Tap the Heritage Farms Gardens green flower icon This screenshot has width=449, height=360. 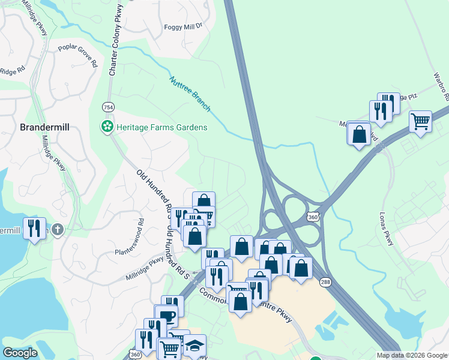(x=106, y=127)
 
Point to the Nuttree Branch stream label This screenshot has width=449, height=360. (x=190, y=93)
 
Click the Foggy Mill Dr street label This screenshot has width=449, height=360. (x=184, y=27)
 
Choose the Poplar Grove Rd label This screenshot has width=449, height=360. (x=77, y=55)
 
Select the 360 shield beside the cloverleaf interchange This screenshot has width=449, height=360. (x=312, y=215)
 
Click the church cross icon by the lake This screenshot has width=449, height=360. (x=57, y=229)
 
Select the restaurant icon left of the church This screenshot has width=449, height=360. (x=34, y=228)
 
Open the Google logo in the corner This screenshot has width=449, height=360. (x=20, y=353)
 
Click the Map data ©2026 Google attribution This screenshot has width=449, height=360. (x=412, y=355)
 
